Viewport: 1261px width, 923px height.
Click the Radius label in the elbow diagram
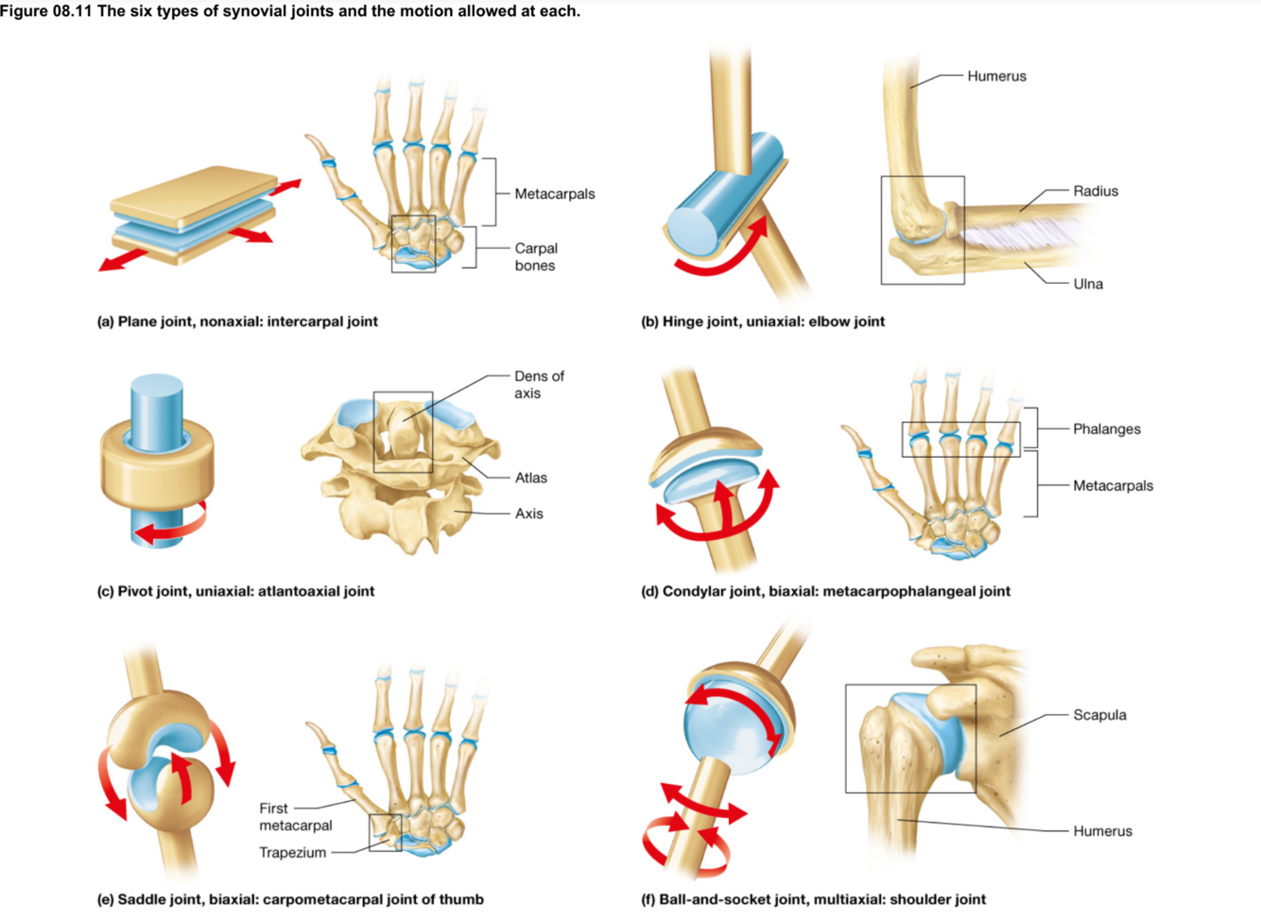click(1095, 191)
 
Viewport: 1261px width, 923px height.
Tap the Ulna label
click(1087, 284)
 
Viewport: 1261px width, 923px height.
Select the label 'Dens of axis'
click(538, 384)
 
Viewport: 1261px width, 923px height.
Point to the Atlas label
click(530, 478)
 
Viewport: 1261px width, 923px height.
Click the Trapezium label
click(292, 852)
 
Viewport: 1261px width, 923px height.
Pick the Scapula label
click(1098, 715)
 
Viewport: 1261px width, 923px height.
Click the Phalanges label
click(1106, 429)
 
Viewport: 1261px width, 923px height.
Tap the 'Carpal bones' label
click(535, 256)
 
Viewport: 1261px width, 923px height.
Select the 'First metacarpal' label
click(295, 816)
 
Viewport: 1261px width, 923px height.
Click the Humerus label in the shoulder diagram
click(1101, 831)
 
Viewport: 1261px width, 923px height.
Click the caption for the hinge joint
click(763, 322)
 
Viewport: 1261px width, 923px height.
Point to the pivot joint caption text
click(235, 591)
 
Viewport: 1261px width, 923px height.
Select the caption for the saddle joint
click(290, 899)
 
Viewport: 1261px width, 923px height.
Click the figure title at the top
click(290, 11)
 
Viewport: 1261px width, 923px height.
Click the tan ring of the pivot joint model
click(157, 469)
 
